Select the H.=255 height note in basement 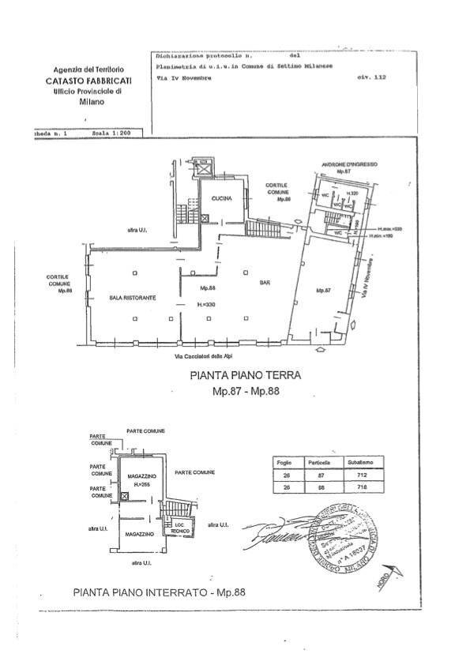pyautogui.click(x=142, y=485)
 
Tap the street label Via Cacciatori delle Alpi pyautogui.click(x=210, y=356)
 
